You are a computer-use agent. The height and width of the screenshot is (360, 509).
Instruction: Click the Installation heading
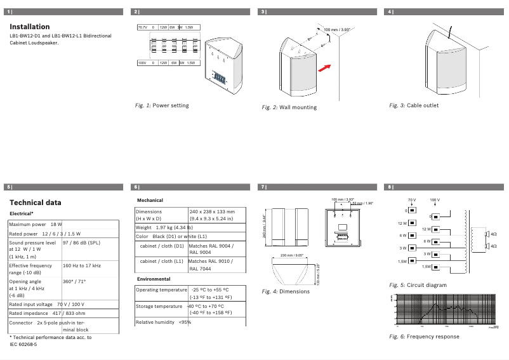tap(30, 27)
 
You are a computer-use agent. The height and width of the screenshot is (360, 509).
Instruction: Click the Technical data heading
tap(36, 203)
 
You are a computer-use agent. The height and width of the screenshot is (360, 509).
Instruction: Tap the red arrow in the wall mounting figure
tap(324, 68)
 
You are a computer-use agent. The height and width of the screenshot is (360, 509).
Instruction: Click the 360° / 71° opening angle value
tap(75, 281)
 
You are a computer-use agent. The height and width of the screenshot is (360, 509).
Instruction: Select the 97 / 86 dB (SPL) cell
tap(81, 243)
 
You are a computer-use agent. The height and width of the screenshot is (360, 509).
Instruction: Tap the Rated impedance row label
tap(28, 314)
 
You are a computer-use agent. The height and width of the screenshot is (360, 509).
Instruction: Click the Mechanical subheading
tap(150, 200)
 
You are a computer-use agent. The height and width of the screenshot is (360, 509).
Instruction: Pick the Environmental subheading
tap(154, 279)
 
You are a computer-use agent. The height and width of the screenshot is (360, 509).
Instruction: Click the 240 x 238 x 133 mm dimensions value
tap(212, 211)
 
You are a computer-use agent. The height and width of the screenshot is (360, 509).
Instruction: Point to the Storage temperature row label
tap(159, 306)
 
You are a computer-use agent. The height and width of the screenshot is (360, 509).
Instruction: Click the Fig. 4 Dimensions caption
tap(286, 291)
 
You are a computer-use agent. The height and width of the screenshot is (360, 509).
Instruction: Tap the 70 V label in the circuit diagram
tap(411, 199)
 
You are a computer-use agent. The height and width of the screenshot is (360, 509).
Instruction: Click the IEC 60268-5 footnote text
tap(23, 344)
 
